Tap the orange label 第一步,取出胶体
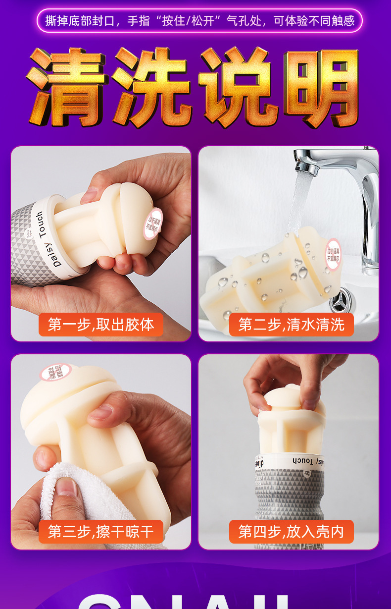click(x=101, y=325)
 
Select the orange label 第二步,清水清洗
click(x=291, y=325)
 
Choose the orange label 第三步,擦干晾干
click(x=101, y=532)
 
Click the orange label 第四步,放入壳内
click(x=291, y=532)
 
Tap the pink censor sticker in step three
click(x=53, y=373)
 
